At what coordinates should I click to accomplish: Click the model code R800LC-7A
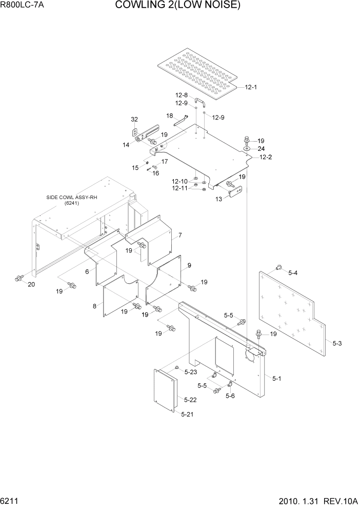tap(22, 6)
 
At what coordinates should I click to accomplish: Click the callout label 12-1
tap(250, 87)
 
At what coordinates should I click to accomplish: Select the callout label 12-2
tap(265, 157)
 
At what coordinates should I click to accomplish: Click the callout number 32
tap(134, 120)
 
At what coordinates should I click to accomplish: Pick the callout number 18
tap(169, 116)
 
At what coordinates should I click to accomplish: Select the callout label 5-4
tap(293, 272)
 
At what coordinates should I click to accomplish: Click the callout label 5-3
tap(337, 342)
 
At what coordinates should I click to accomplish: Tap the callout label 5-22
tap(190, 400)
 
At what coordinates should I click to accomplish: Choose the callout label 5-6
tap(230, 396)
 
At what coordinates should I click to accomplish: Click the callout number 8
tap(94, 306)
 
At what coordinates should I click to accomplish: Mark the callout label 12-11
tap(180, 188)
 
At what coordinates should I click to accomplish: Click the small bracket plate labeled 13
tap(234, 192)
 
